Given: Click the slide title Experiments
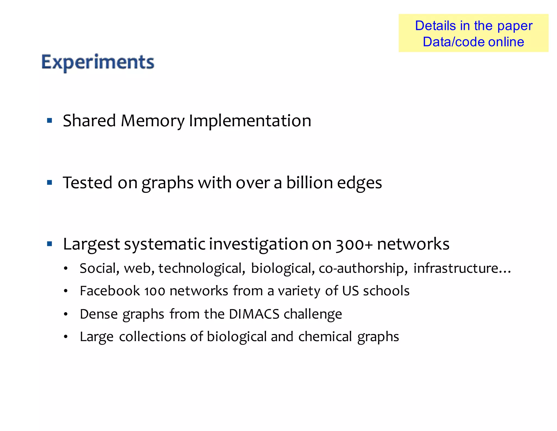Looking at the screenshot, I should [98, 62].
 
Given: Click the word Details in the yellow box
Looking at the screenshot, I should [435, 26].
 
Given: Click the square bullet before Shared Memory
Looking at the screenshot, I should [49, 120].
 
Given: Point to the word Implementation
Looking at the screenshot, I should [250, 121].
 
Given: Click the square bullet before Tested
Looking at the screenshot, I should [49, 183].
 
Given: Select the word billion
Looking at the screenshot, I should [309, 183].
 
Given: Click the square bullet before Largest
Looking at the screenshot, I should [49, 244].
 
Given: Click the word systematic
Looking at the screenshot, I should [165, 244].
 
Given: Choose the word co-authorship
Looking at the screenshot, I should [363, 268].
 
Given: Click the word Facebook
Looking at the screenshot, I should [110, 291].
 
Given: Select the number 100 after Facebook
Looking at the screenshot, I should [154, 291].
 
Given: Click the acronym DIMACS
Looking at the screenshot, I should [254, 314].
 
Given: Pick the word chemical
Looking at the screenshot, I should [325, 336].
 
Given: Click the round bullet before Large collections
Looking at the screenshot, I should [66, 337].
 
